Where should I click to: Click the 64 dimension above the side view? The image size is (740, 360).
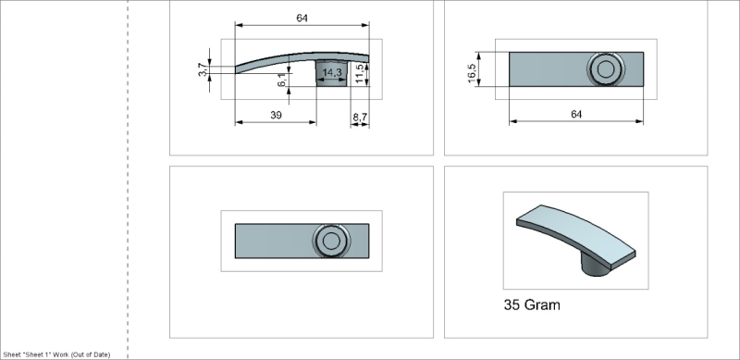pyautogui.click(x=302, y=18)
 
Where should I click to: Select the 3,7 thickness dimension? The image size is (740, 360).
pyautogui.click(x=202, y=70)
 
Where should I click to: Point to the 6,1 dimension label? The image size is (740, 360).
pyautogui.click(x=281, y=81)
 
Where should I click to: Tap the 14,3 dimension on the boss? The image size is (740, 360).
pyautogui.click(x=332, y=72)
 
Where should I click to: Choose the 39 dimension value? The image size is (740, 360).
pyautogui.click(x=275, y=114)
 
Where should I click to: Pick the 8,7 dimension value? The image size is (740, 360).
pyautogui.click(x=359, y=116)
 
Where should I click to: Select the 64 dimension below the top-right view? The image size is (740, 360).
pyautogui.click(x=575, y=114)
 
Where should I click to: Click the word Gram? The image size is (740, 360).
pyautogui.click(x=548, y=304)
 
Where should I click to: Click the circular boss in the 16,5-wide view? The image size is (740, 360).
pyautogui.click(x=606, y=68)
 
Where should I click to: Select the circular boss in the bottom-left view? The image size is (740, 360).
pyautogui.click(x=330, y=242)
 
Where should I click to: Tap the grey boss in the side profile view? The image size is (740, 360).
pyautogui.click(x=332, y=73)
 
